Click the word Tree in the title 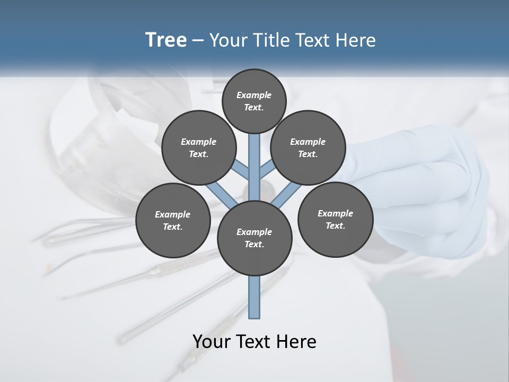coord(166,40)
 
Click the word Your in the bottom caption coord(212,341)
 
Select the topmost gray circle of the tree coord(254,101)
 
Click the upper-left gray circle coord(199,147)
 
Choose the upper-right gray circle coord(308,147)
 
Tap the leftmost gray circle coord(173,220)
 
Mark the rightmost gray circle coord(335,219)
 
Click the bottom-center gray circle coord(254,238)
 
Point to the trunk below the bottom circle coord(254,297)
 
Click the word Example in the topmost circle coord(254,95)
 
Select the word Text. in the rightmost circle coord(335,225)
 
